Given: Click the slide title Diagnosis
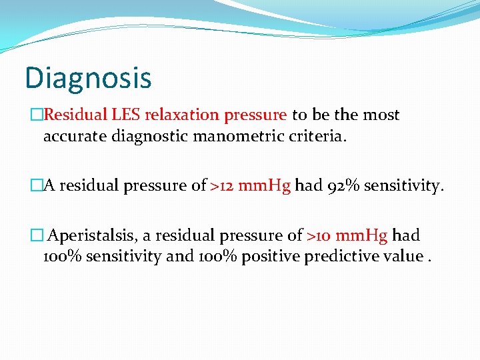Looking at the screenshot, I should pos(88,78).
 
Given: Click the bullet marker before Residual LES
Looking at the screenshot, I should pos(37,115).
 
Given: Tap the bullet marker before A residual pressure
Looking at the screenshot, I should pos(37,186).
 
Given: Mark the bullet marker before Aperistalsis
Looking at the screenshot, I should pos(37,236).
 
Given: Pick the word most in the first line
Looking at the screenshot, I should pos(381,115).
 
